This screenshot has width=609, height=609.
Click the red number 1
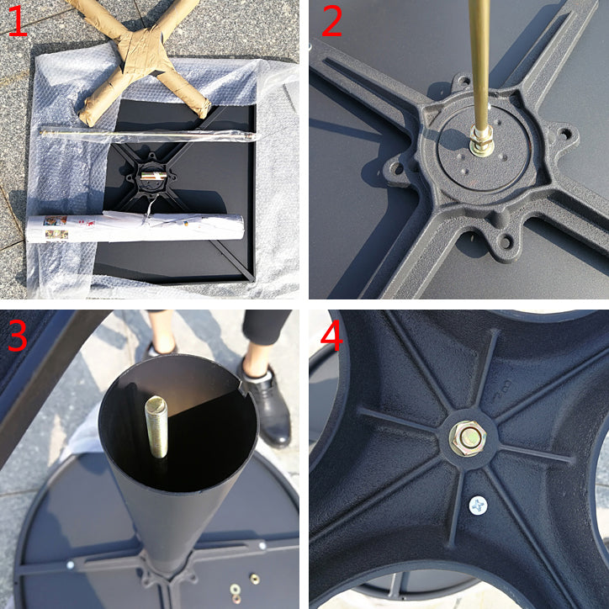tap(18, 21)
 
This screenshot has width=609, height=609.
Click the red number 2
tap(331, 21)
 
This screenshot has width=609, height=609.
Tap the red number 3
tap(18, 336)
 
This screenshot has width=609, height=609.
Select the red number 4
tap(331, 335)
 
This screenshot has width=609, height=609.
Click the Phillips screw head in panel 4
tap(478, 506)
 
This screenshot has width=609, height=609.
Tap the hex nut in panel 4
tap(468, 438)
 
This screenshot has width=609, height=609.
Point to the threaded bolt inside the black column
tap(156, 426)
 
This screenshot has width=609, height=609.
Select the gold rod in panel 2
tap(480, 66)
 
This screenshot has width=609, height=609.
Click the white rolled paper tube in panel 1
tap(135, 229)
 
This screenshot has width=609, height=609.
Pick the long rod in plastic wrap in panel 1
tap(148, 135)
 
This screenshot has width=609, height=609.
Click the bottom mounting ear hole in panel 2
tap(506, 243)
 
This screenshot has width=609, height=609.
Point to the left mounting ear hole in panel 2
tap(396, 168)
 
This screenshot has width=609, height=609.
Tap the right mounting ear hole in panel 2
tap(566, 134)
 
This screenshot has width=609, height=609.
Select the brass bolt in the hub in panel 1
tap(153, 176)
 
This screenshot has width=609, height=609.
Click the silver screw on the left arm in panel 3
tap(71, 564)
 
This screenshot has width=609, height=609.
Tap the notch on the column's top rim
tap(242, 387)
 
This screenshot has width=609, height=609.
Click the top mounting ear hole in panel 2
tap(463, 82)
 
